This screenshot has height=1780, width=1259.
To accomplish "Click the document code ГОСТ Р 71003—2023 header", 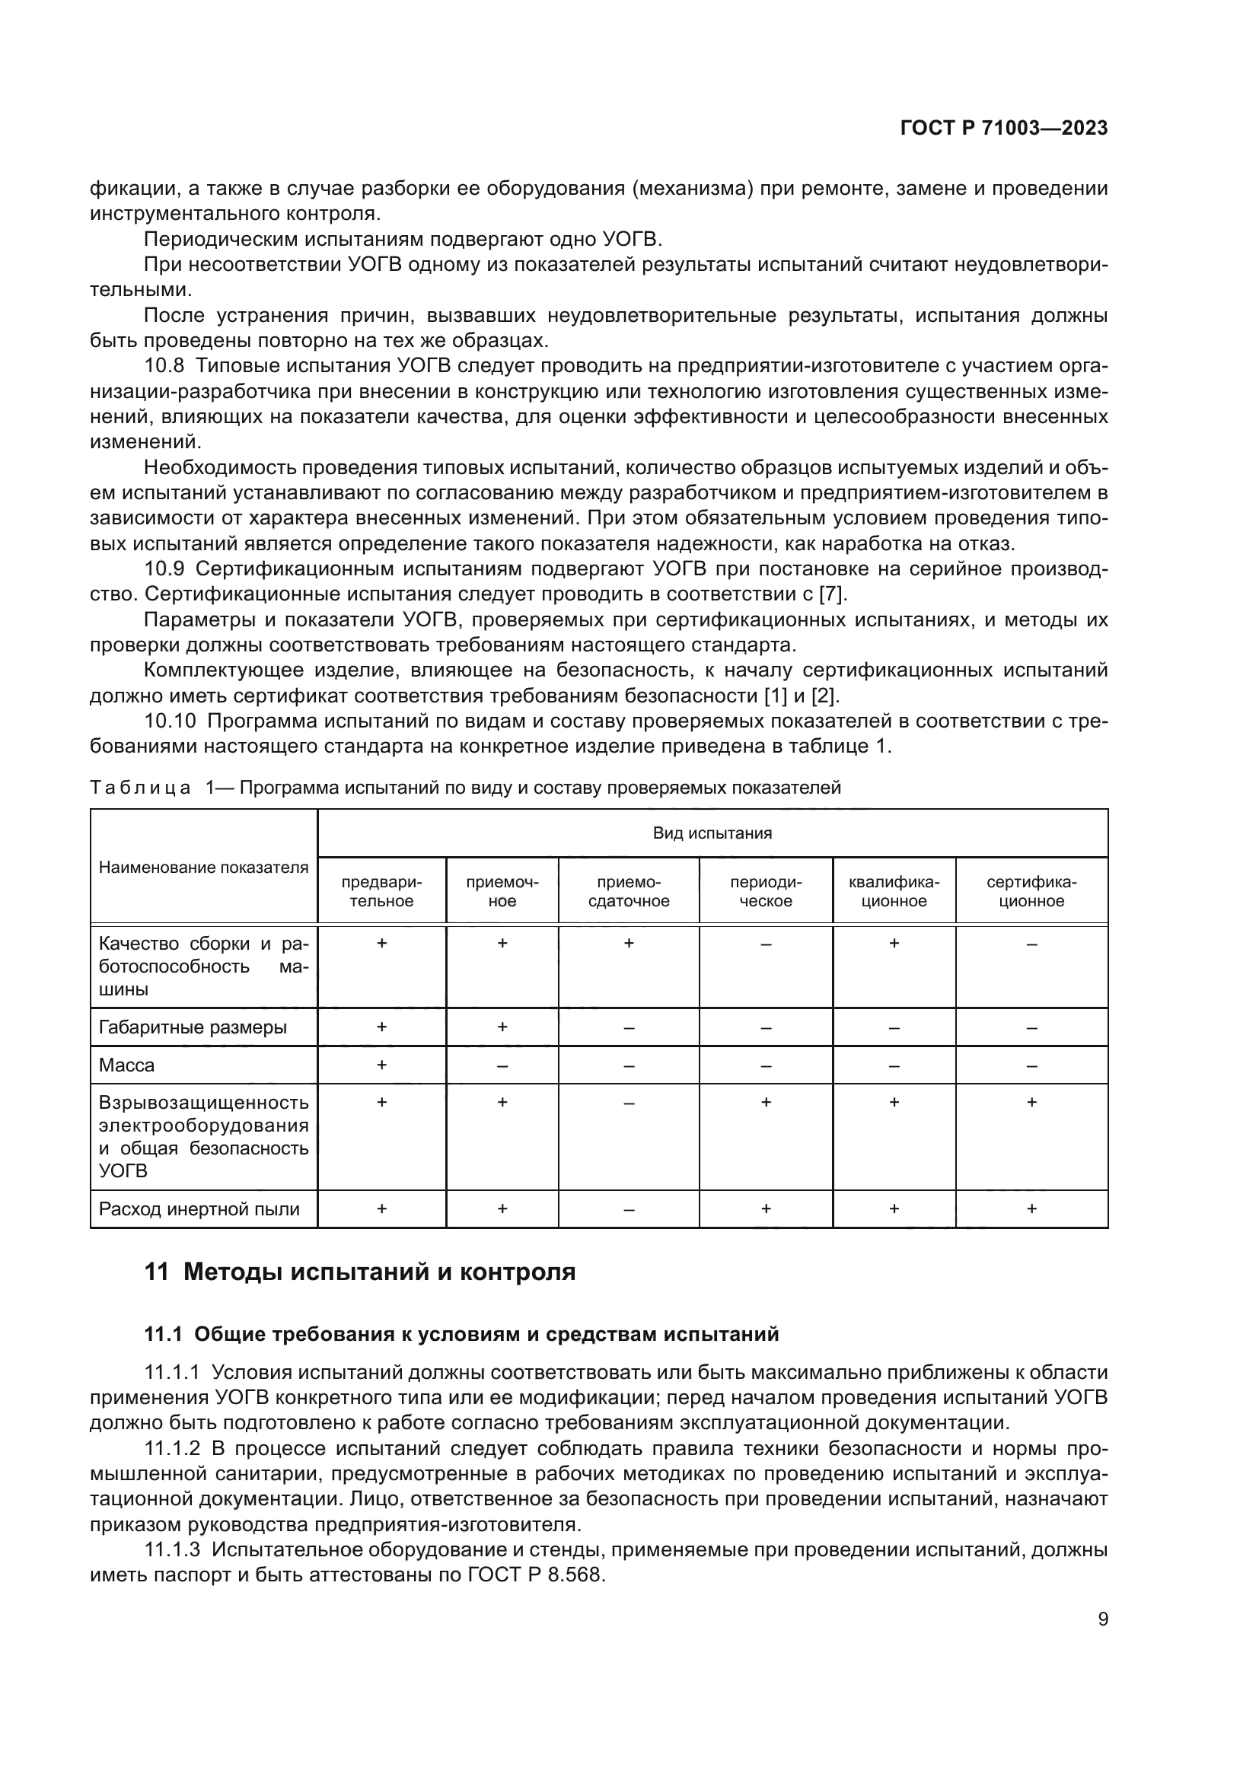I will [x=1003, y=129].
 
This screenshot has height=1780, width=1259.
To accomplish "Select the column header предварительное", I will [x=381, y=892].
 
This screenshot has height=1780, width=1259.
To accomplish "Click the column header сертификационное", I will [x=1031, y=892].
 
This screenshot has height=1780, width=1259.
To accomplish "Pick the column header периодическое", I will [x=765, y=892].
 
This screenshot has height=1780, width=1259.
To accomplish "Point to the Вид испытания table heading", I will [x=712, y=833].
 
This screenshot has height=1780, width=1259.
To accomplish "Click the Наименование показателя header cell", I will [x=203, y=868].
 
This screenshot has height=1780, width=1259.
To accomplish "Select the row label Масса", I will [x=127, y=1065].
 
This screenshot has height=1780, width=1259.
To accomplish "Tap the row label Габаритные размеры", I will [x=193, y=1027].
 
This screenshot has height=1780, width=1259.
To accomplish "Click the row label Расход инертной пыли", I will [x=199, y=1209].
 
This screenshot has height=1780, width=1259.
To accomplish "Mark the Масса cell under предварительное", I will [x=381, y=1065].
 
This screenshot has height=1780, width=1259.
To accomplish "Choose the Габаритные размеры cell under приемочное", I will [x=502, y=1027].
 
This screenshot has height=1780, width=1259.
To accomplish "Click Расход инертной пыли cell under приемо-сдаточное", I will [x=629, y=1209].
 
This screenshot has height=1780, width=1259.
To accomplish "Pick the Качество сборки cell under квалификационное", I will [x=894, y=944].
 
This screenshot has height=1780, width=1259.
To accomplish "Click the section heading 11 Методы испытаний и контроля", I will [x=360, y=1272].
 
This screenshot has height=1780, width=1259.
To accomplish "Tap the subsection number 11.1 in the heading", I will [x=163, y=1334].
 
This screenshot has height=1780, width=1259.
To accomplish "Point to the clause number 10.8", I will [x=164, y=366].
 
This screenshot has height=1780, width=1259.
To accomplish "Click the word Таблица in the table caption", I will [x=140, y=788].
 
